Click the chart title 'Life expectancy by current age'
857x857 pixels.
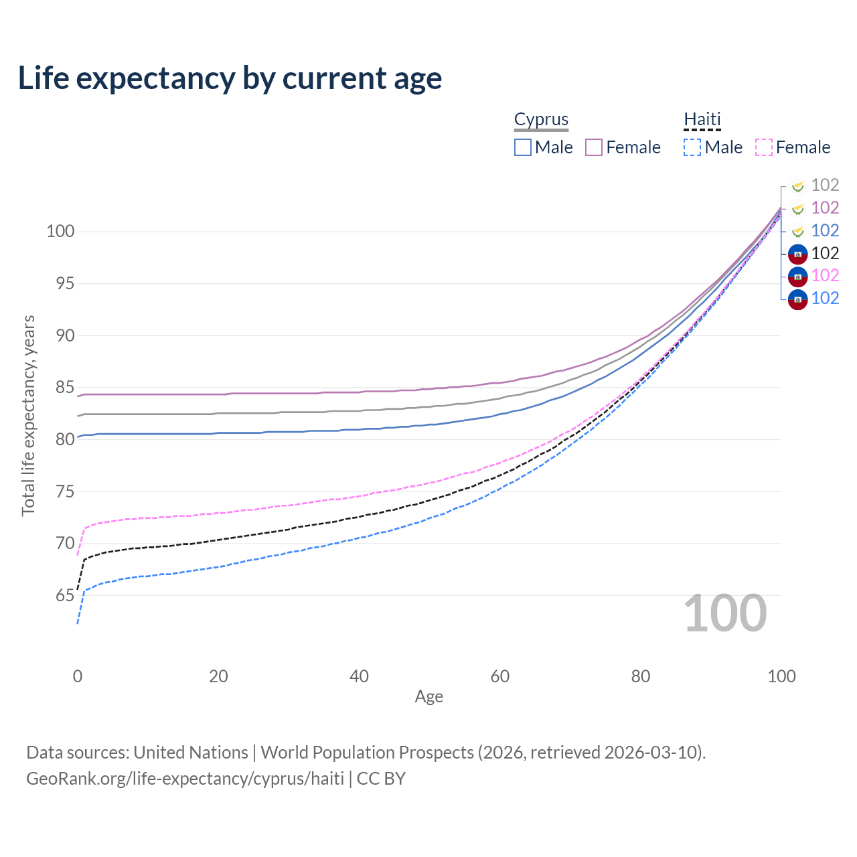[230, 78]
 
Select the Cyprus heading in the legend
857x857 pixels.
[541, 119]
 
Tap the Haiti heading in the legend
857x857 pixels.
[702, 119]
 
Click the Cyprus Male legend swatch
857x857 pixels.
[523, 147]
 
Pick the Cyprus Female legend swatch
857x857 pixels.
[594, 147]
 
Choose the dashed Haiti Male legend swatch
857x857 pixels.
[692, 147]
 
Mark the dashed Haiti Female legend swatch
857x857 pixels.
[764, 147]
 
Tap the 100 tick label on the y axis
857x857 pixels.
[60, 232]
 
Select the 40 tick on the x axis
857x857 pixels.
[360, 676]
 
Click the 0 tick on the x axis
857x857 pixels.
[78, 676]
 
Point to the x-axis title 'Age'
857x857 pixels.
[428, 697]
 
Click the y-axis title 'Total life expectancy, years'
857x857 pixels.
[28, 415]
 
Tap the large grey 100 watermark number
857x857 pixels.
[725, 613]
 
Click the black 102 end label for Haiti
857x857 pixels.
[825, 253]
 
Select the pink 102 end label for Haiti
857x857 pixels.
[825, 275]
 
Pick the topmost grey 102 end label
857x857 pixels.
[825, 185]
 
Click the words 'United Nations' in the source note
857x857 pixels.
[191, 753]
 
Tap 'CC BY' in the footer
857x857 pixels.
[381, 779]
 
